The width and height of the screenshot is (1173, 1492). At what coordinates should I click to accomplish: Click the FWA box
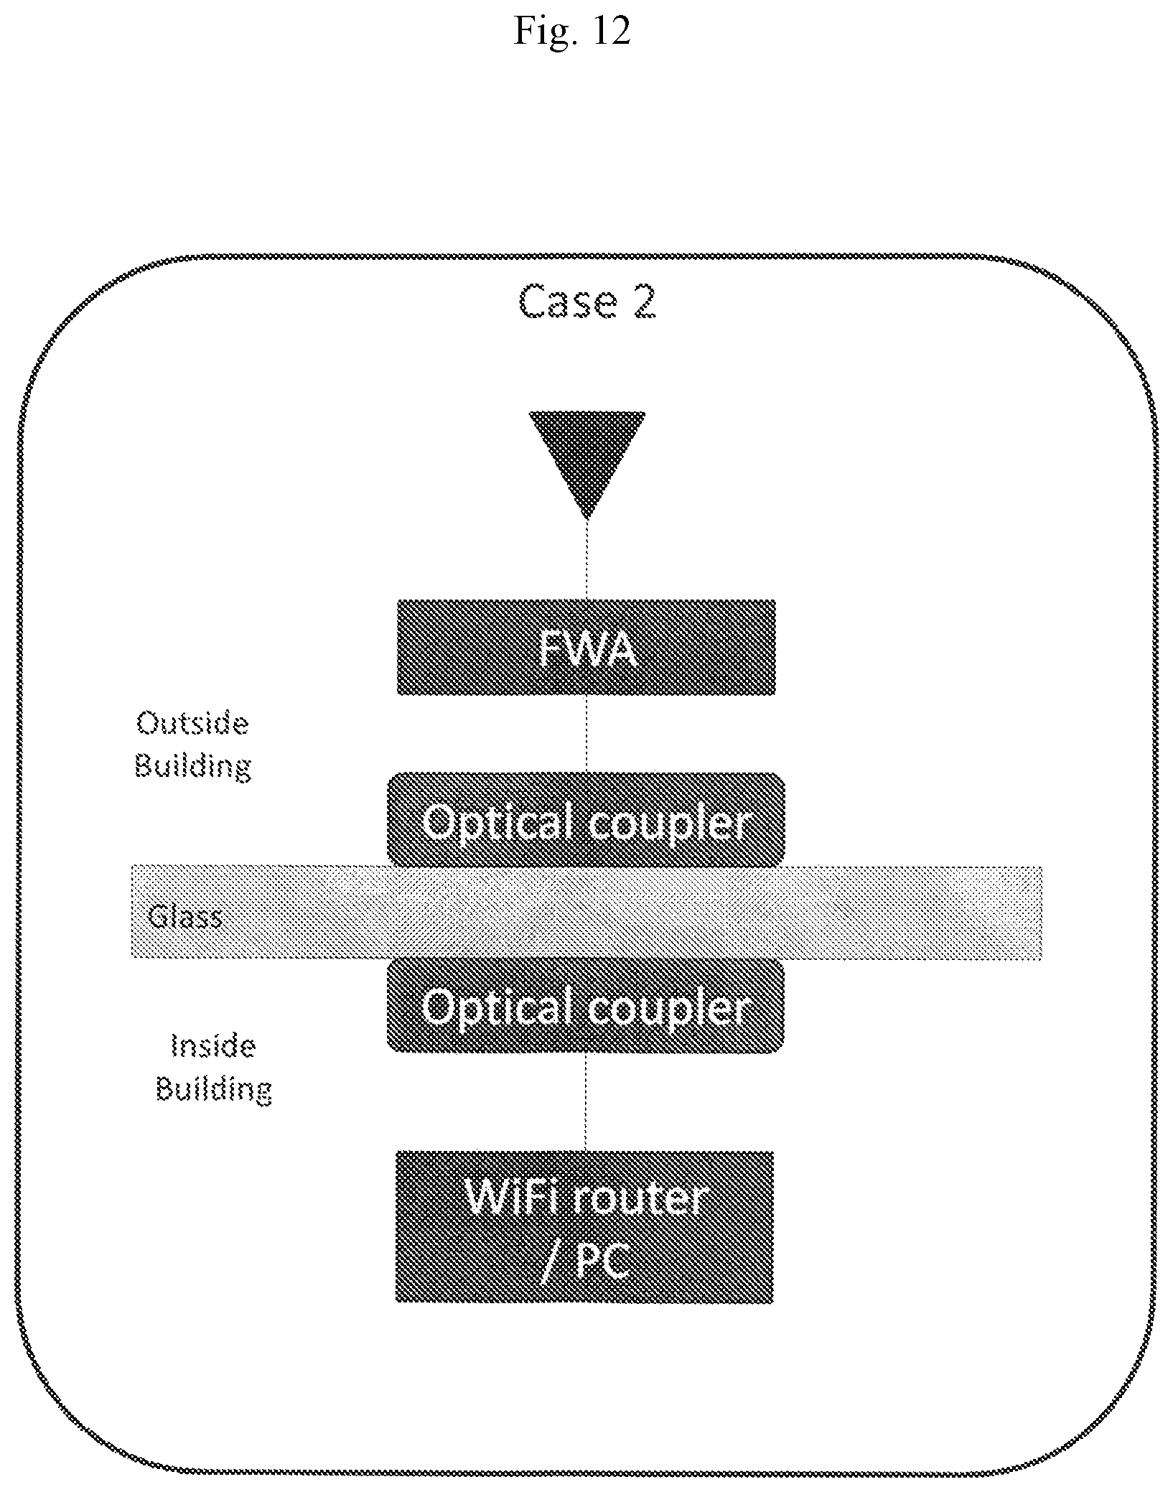tap(586, 647)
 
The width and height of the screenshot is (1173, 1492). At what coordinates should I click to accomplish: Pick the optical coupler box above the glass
tap(586, 819)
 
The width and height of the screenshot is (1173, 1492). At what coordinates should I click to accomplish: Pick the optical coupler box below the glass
tap(585, 1006)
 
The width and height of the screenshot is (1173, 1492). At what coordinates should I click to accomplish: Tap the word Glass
tap(184, 917)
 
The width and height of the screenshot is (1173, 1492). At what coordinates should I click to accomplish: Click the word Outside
tap(192, 723)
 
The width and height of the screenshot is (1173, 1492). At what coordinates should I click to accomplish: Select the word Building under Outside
tap(193, 766)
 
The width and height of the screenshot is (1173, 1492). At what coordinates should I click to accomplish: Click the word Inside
tap(213, 1046)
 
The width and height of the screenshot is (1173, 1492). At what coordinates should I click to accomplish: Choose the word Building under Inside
tap(214, 1090)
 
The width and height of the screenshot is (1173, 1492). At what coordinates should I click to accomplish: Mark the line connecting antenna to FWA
tap(587, 559)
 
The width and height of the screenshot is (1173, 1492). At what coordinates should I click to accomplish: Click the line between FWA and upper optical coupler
tap(586, 734)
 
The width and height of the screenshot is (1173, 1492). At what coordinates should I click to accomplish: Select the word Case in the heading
tap(568, 302)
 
